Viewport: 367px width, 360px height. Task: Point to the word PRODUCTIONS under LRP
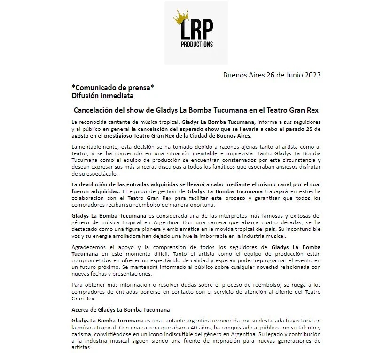coord(196,45)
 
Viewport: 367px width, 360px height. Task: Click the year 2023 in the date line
coord(311,75)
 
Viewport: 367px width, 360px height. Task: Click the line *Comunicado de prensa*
coord(113,87)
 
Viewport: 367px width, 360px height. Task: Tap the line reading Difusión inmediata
coord(102,95)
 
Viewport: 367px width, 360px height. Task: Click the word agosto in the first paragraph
coord(82,136)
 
